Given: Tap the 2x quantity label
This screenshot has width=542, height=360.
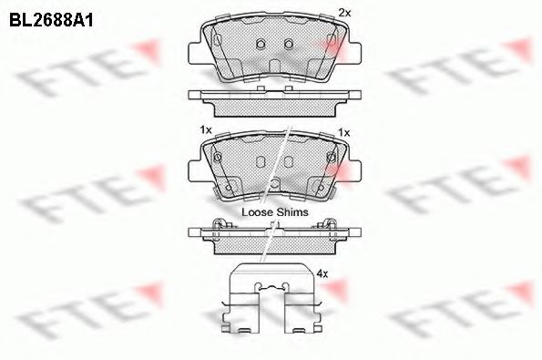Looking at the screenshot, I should click(x=344, y=13).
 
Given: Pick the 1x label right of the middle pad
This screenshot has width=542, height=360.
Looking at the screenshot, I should click(x=343, y=132).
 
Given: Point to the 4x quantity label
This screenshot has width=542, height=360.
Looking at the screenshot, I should click(x=321, y=272).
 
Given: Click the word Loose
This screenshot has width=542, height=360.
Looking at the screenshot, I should click(x=258, y=211).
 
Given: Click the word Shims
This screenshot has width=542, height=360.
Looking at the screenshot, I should click(x=292, y=211).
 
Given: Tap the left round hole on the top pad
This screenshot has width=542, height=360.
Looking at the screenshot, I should click(x=260, y=45).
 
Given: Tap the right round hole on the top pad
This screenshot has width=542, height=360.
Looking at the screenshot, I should click(x=288, y=45).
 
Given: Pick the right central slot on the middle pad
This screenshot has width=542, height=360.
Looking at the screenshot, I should click(x=288, y=162).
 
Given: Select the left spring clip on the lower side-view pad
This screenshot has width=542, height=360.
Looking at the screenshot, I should click(x=217, y=225).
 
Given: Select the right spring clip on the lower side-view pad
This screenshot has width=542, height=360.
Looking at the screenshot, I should click(x=329, y=225).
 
